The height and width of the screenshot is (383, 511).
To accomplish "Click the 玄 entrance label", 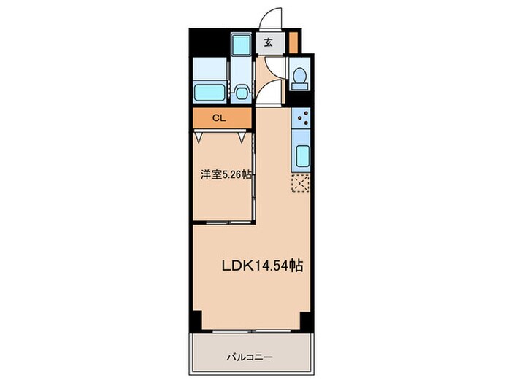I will (x=269, y=43).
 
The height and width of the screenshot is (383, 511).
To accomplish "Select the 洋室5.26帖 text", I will (x=226, y=175).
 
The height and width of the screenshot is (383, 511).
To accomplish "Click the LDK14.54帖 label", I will (x=263, y=266).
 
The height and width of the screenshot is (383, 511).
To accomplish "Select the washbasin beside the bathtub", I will (x=241, y=93).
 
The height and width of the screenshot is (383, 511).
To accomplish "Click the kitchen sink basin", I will (x=301, y=155).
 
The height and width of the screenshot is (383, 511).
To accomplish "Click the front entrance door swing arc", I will (x=273, y=20).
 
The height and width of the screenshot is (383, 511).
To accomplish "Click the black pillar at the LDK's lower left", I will (x=196, y=319).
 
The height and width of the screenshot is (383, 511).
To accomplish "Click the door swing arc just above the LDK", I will (x=266, y=91).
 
